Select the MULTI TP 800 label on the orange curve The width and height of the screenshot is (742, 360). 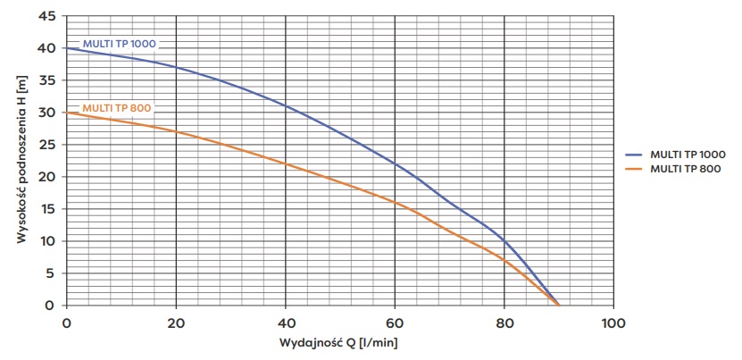116,108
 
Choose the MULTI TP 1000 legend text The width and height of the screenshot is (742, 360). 688,155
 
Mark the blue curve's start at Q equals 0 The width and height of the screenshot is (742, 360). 67,48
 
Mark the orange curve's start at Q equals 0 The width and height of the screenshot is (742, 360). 67,113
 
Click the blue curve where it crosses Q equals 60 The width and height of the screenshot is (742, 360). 395,163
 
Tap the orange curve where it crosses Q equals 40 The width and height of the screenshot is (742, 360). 286,163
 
